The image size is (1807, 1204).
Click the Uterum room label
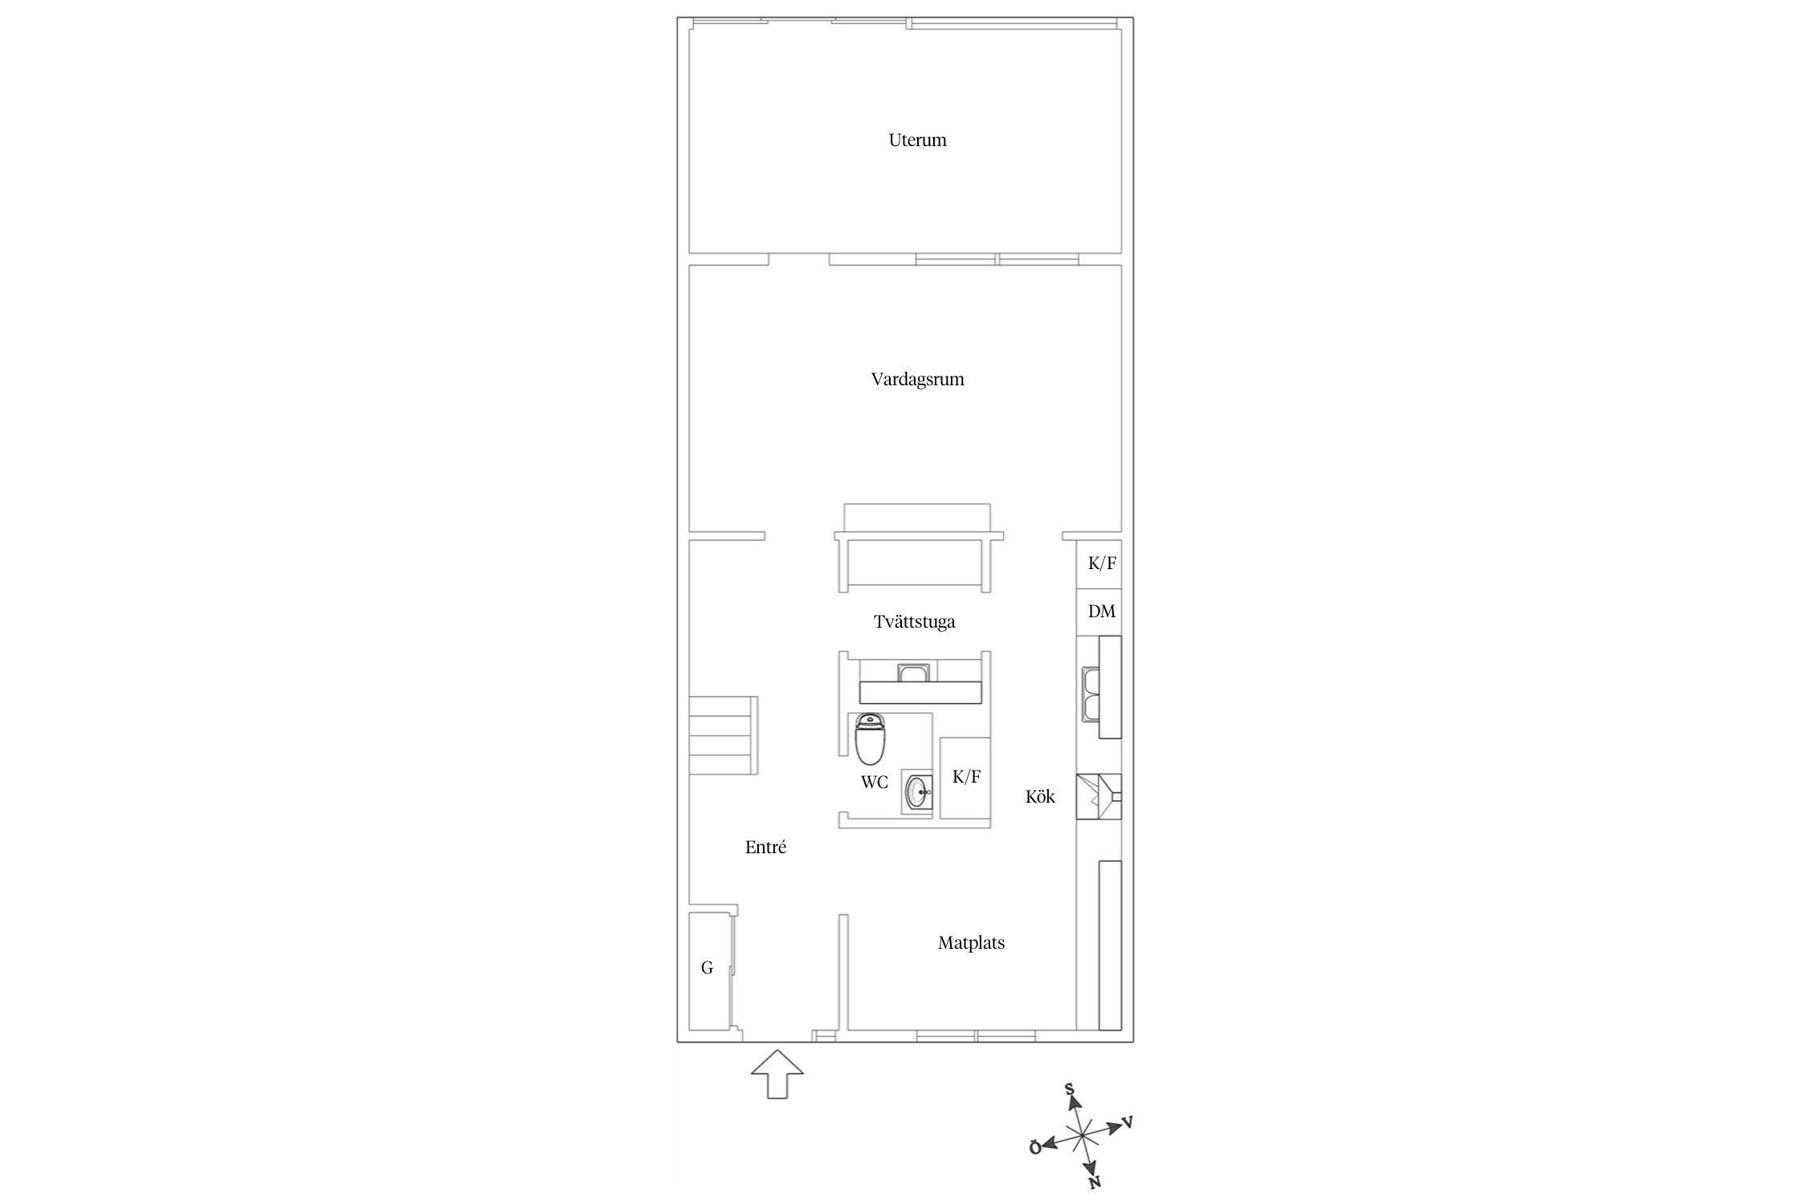point(917,140)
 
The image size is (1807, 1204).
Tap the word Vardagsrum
point(917,380)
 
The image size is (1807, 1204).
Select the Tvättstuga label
point(914,622)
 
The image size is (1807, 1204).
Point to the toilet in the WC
point(870,738)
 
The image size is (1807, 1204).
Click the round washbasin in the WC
point(917,794)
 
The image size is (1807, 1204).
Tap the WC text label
point(875,782)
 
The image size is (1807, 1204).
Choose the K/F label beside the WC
point(966,777)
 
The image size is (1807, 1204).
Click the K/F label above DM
point(1102,563)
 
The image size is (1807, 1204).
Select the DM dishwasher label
point(1102,612)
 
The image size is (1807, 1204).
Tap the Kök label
point(1040,797)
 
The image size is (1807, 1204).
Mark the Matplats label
point(971,943)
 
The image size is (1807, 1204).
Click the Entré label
point(765,847)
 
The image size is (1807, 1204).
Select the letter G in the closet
point(707,968)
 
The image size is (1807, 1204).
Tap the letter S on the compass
point(1070,1089)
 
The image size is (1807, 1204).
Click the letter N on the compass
point(1094,1182)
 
